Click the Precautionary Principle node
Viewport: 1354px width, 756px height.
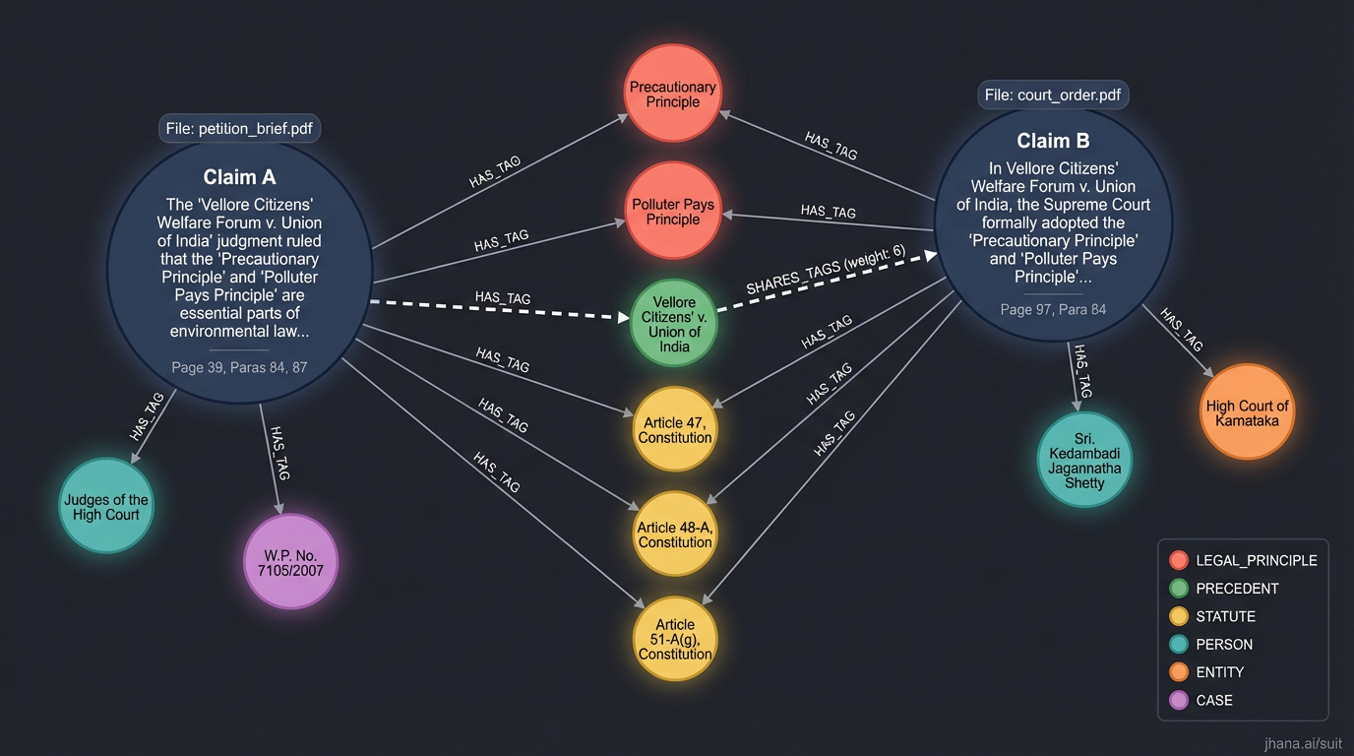[673, 94]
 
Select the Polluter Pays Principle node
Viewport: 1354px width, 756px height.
[673, 211]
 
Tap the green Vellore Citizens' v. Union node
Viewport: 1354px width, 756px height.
[674, 324]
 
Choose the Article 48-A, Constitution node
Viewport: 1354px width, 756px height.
[675, 534]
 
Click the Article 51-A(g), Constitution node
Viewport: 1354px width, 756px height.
[675, 639]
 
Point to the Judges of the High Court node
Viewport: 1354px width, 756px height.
[106, 506]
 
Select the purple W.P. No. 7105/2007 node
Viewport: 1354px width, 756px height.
[290, 561]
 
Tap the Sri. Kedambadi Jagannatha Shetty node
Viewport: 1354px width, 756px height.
[1084, 460]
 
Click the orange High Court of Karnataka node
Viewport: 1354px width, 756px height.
[1247, 412]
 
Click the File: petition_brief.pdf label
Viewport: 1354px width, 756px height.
[240, 128]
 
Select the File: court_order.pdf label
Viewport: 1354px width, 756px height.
[1053, 95]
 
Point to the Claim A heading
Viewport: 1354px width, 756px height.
[239, 177]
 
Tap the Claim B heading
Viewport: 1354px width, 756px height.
[1053, 141]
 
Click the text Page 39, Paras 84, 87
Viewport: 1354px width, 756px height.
[239, 367]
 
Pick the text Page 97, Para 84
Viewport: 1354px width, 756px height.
[1053, 309]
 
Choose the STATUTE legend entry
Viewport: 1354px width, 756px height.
[1225, 616]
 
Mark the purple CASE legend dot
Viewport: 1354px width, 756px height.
[1179, 700]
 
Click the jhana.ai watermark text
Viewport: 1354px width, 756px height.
[1303, 743]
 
